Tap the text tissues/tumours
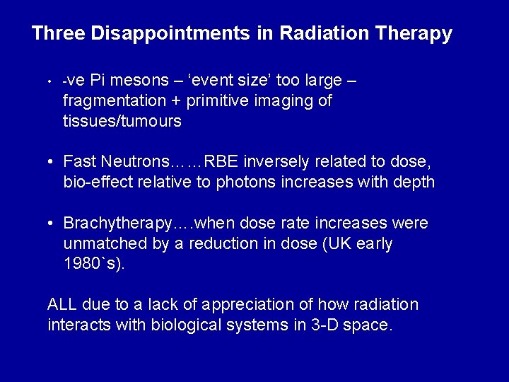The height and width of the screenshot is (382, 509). coord(122,121)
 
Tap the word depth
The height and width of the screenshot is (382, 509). coord(414,182)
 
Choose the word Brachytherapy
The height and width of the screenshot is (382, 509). coord(117,224)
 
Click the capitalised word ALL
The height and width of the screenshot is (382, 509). coord(62,305)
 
